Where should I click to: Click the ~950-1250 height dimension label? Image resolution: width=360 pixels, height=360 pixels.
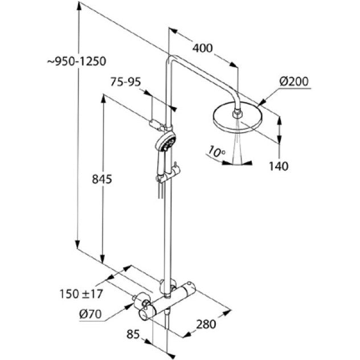(x=77, y=62)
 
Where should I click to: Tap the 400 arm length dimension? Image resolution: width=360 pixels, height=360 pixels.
(x=203, y=48)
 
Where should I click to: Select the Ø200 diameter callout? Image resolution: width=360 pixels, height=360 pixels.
(x=294, y=81)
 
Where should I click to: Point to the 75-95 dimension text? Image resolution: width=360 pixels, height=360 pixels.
(x=125, y=81)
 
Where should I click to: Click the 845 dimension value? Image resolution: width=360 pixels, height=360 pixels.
(x=102, y=179)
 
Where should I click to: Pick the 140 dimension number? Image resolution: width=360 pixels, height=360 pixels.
(x=279, y=166)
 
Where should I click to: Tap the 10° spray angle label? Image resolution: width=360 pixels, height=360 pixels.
(x=217, y=151)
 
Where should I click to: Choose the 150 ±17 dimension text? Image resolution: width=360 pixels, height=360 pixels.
(x=81, y=294)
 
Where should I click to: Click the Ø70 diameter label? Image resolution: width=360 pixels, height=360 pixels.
(x=90, y=314)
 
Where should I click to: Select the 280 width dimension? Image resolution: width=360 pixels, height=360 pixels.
(x=206, y=324)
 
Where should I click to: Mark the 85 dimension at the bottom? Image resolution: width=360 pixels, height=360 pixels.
(x=133, y=334)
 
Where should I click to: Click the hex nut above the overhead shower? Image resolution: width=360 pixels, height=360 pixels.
(x=237, y=114)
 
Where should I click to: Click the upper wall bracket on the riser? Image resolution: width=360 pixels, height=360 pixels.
(x=158, y=125)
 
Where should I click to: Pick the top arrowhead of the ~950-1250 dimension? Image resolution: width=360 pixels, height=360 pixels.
(x=79, y=6)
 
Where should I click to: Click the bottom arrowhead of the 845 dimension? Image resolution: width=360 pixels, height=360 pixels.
(x=103, y=259)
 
